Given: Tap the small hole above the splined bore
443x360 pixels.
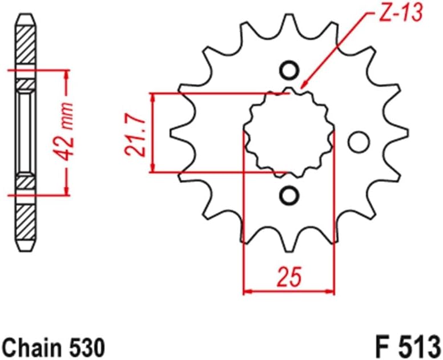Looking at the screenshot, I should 289,71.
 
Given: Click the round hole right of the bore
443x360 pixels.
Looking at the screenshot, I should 359,141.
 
